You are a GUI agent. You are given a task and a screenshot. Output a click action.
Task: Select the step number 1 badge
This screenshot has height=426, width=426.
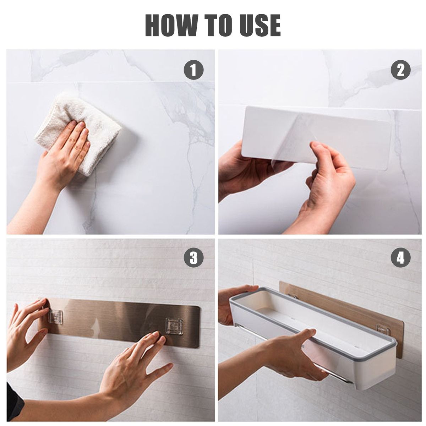coord(194,70)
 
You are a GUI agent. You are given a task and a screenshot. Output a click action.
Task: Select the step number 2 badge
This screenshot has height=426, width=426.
coord(400,70)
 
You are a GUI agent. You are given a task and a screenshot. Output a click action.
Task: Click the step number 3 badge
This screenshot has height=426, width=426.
coord(194,258)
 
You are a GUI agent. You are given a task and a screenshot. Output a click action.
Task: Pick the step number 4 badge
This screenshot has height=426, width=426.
coord(400,258)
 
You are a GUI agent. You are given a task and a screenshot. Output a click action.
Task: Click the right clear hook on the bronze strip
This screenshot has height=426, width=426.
coord(174,326)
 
